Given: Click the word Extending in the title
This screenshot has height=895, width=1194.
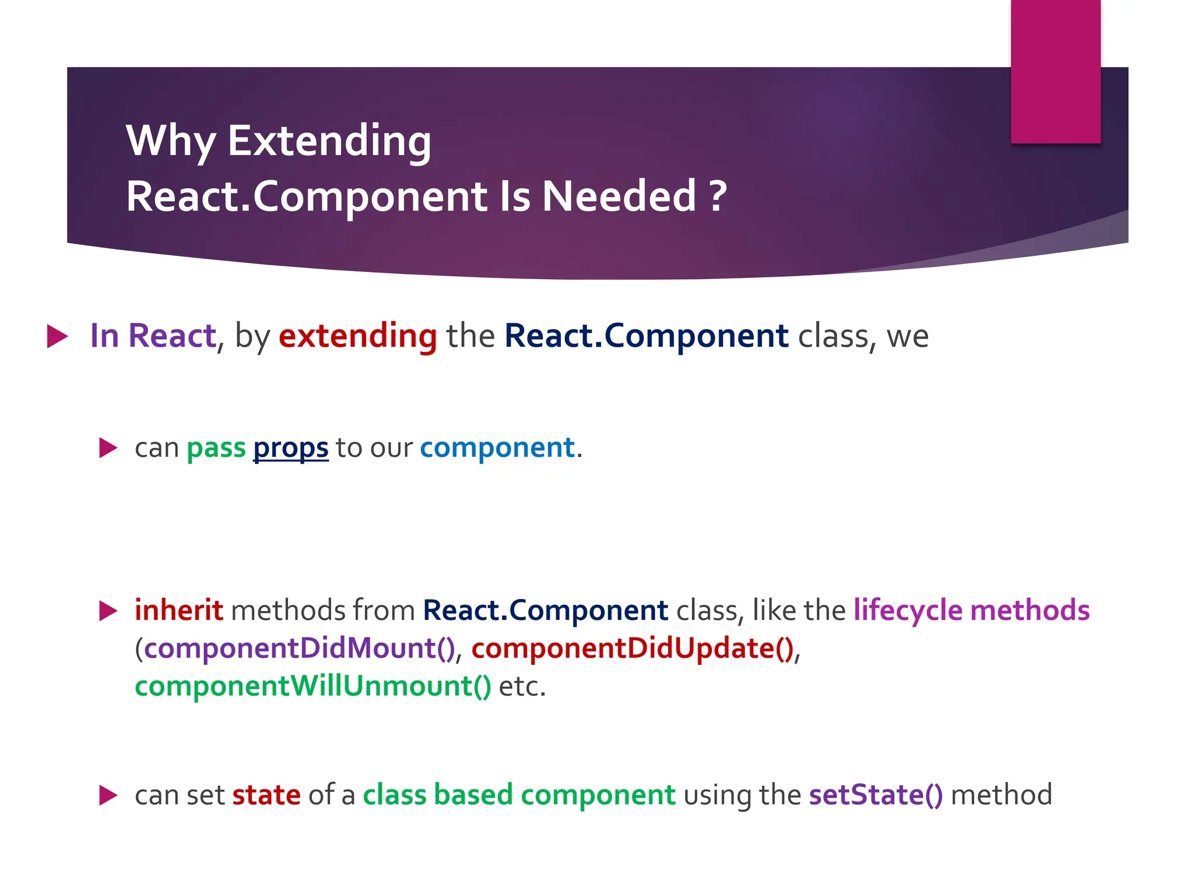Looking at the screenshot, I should (x=329, y=142).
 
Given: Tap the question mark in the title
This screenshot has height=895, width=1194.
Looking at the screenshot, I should (x=718, y=196).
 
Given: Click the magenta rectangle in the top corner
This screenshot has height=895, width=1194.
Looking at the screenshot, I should (x=1055, y=71).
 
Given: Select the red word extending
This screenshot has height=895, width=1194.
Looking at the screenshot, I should (x=357, y=336).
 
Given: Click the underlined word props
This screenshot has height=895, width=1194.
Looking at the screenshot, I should (x=290, y=449).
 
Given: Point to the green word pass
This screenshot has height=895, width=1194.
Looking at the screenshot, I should (x=216, y=449).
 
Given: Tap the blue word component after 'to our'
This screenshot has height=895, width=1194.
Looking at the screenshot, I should (x=497, y=447).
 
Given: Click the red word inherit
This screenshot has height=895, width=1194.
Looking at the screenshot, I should (x=178, y=610).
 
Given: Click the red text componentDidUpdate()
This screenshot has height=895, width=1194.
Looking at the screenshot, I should (x=633, y=649).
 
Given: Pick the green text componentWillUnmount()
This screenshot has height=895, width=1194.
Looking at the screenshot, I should (x=313, y=686).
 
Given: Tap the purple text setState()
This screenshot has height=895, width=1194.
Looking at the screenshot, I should (x=876, y=795).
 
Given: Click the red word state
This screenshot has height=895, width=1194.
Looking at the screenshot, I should (x=266, y=795).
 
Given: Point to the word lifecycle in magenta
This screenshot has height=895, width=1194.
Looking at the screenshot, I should (x=908, y=610).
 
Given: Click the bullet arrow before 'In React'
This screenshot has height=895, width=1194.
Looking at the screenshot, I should (x=57, y=336).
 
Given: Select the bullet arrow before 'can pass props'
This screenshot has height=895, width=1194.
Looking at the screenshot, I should (x=108, y=448).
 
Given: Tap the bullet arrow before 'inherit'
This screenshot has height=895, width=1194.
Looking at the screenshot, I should (x=108, y=611).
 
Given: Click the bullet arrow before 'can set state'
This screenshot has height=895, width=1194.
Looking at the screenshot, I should (x=108, y=795).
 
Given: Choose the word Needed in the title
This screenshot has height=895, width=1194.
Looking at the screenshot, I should (x=619, y=196).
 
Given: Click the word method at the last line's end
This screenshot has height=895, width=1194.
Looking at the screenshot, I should (x=1001, y=795).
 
